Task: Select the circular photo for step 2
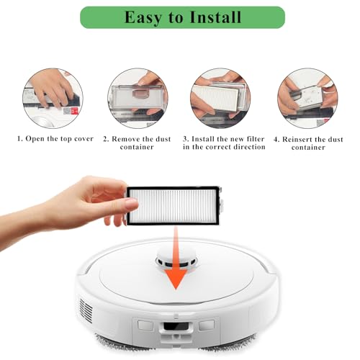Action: tap(136, 98)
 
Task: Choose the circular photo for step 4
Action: tap(307, 98)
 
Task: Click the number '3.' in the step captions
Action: tap(185, 138)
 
